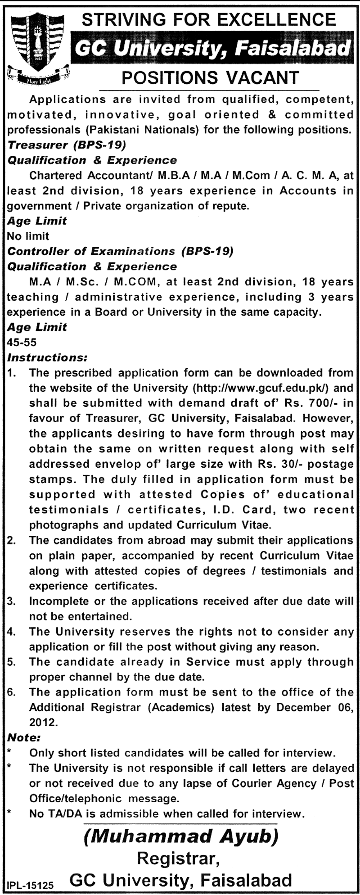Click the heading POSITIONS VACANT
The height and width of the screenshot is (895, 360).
tap(211, 78)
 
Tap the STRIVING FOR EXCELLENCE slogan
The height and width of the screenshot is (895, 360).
tap(210, 19)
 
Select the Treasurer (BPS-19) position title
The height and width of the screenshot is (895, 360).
tap(67, 145)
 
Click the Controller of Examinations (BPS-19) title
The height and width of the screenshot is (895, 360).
tap(121, 251)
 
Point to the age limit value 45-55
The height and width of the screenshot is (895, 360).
tap(22, 342)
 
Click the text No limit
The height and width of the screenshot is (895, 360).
tap(28, 236)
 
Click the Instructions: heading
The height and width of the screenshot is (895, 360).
tap(47, 357)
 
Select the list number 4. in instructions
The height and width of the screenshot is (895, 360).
tap(12, 632)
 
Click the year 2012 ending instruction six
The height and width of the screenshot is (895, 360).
tap(43, 723)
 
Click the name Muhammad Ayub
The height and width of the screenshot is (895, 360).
tap(180, 836)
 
